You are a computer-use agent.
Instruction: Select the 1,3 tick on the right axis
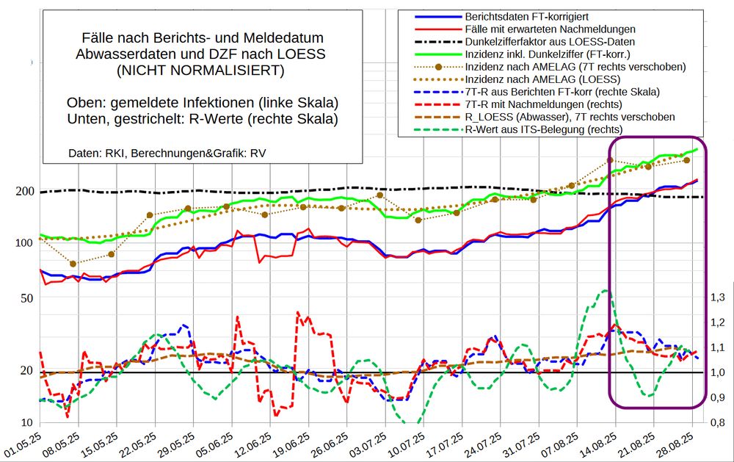(718, 297)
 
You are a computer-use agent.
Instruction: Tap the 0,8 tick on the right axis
(718, 423)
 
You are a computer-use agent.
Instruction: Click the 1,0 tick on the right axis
(718, 372)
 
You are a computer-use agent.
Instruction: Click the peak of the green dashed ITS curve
(604, 291)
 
